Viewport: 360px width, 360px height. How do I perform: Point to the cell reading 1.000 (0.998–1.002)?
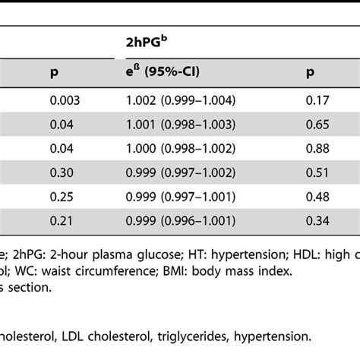tap(176, 150)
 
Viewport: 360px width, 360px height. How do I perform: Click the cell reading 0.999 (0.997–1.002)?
tap(176, 175)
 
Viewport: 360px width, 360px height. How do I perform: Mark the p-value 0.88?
tap(308, 150)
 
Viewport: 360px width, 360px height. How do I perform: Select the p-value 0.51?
tap(308, 175)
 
